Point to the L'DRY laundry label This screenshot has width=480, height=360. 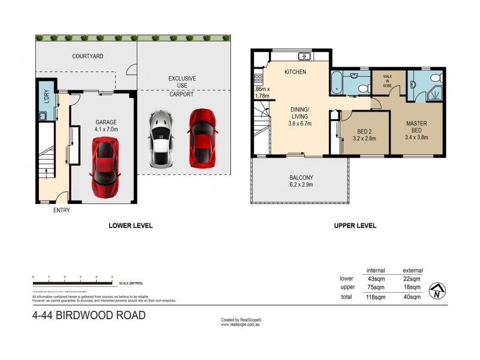tap(46, 97)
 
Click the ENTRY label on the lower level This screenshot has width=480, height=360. tap(62, 210)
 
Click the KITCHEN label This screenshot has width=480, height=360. tap(295, 72)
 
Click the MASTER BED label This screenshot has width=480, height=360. tap(416, 127)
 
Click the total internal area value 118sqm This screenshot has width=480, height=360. tap(376, 296)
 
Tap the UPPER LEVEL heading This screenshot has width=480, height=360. tap(355, 226)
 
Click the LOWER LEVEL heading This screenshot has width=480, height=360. tap(131, 226)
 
